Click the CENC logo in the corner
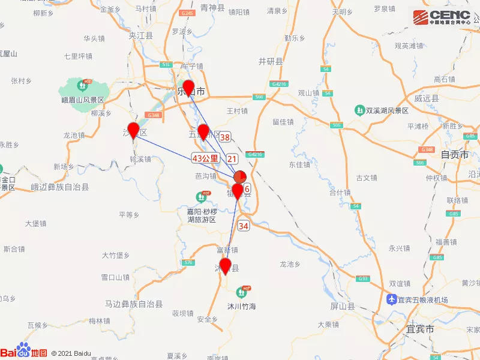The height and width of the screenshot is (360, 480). click(x=443, y=16)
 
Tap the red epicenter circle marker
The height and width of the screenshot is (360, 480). click(x=239, y=177)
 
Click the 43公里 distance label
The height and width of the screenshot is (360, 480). click(x=205, y=158)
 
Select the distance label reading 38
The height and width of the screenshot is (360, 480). click(x=225, y=137)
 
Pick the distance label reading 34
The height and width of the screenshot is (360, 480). click(x=243, y=226)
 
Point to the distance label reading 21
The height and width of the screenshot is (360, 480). click(x=232, y=158)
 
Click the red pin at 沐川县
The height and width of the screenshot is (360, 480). click(x=226, y=266)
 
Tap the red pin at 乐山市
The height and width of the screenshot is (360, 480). click(x=188, y=88)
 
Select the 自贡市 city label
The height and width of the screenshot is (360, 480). click(x=454, y=154)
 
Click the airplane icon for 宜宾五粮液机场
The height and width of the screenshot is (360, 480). click(x=391, y=299)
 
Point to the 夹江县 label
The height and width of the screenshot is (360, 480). click(x=141, y=36)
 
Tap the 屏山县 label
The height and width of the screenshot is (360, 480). click(x=343, y=306)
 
